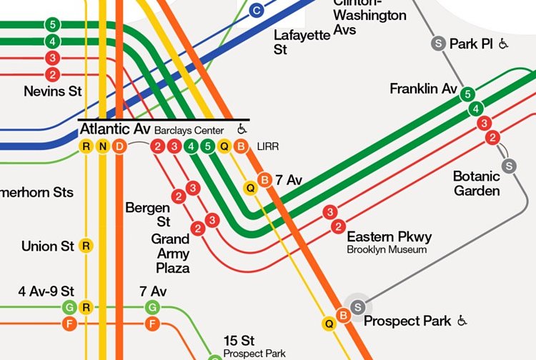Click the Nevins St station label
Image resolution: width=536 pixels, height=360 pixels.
tap(52, 91)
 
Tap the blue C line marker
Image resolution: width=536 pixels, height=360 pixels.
tap(257, 10)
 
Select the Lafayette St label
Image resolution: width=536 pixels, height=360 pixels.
tap(302, 42)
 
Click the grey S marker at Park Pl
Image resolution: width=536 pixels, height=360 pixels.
tap(438, 44)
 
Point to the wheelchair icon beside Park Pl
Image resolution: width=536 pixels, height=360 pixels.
tap(504, 44)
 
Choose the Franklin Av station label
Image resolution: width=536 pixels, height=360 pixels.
tap(423, 89)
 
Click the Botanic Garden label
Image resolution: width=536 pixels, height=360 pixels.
tap(476, 184)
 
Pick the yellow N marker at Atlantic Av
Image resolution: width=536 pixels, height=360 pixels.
tap(103, 147)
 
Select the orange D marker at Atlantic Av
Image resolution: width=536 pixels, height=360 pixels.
tap(119, 147)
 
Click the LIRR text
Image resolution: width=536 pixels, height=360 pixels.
tap(267, 147)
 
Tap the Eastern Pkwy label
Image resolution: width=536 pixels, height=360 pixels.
tap(389, 236)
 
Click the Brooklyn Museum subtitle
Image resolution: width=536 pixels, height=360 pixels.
tap(387, 250)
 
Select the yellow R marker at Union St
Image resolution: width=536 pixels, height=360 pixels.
tap(86, 246)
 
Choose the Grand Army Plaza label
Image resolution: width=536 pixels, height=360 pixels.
tap(170, 253)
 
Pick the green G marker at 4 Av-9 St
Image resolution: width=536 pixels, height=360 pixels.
tap(70, 308)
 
